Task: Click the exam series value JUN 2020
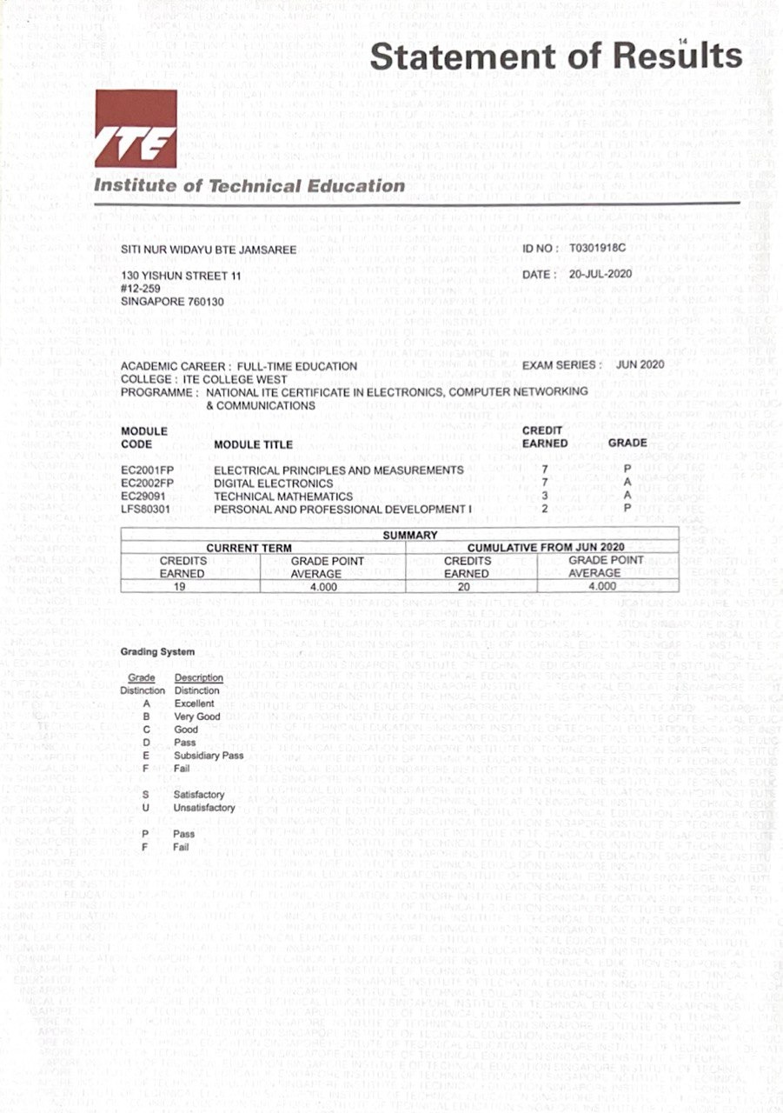coord(640,364)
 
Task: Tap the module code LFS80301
coord(147,508)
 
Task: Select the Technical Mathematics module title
coord(282,496)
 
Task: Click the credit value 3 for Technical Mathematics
coord(544,496)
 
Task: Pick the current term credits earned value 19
coord(182,586)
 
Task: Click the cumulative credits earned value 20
coord(467,586)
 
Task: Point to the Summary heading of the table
coord(410,536)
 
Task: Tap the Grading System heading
coord(157,651)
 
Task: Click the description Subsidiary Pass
coord(209,756)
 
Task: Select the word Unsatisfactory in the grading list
coord(204,808)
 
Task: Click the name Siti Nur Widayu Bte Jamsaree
coord(209,250)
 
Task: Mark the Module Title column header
coord(253,444)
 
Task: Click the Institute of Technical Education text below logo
coord(249,185)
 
